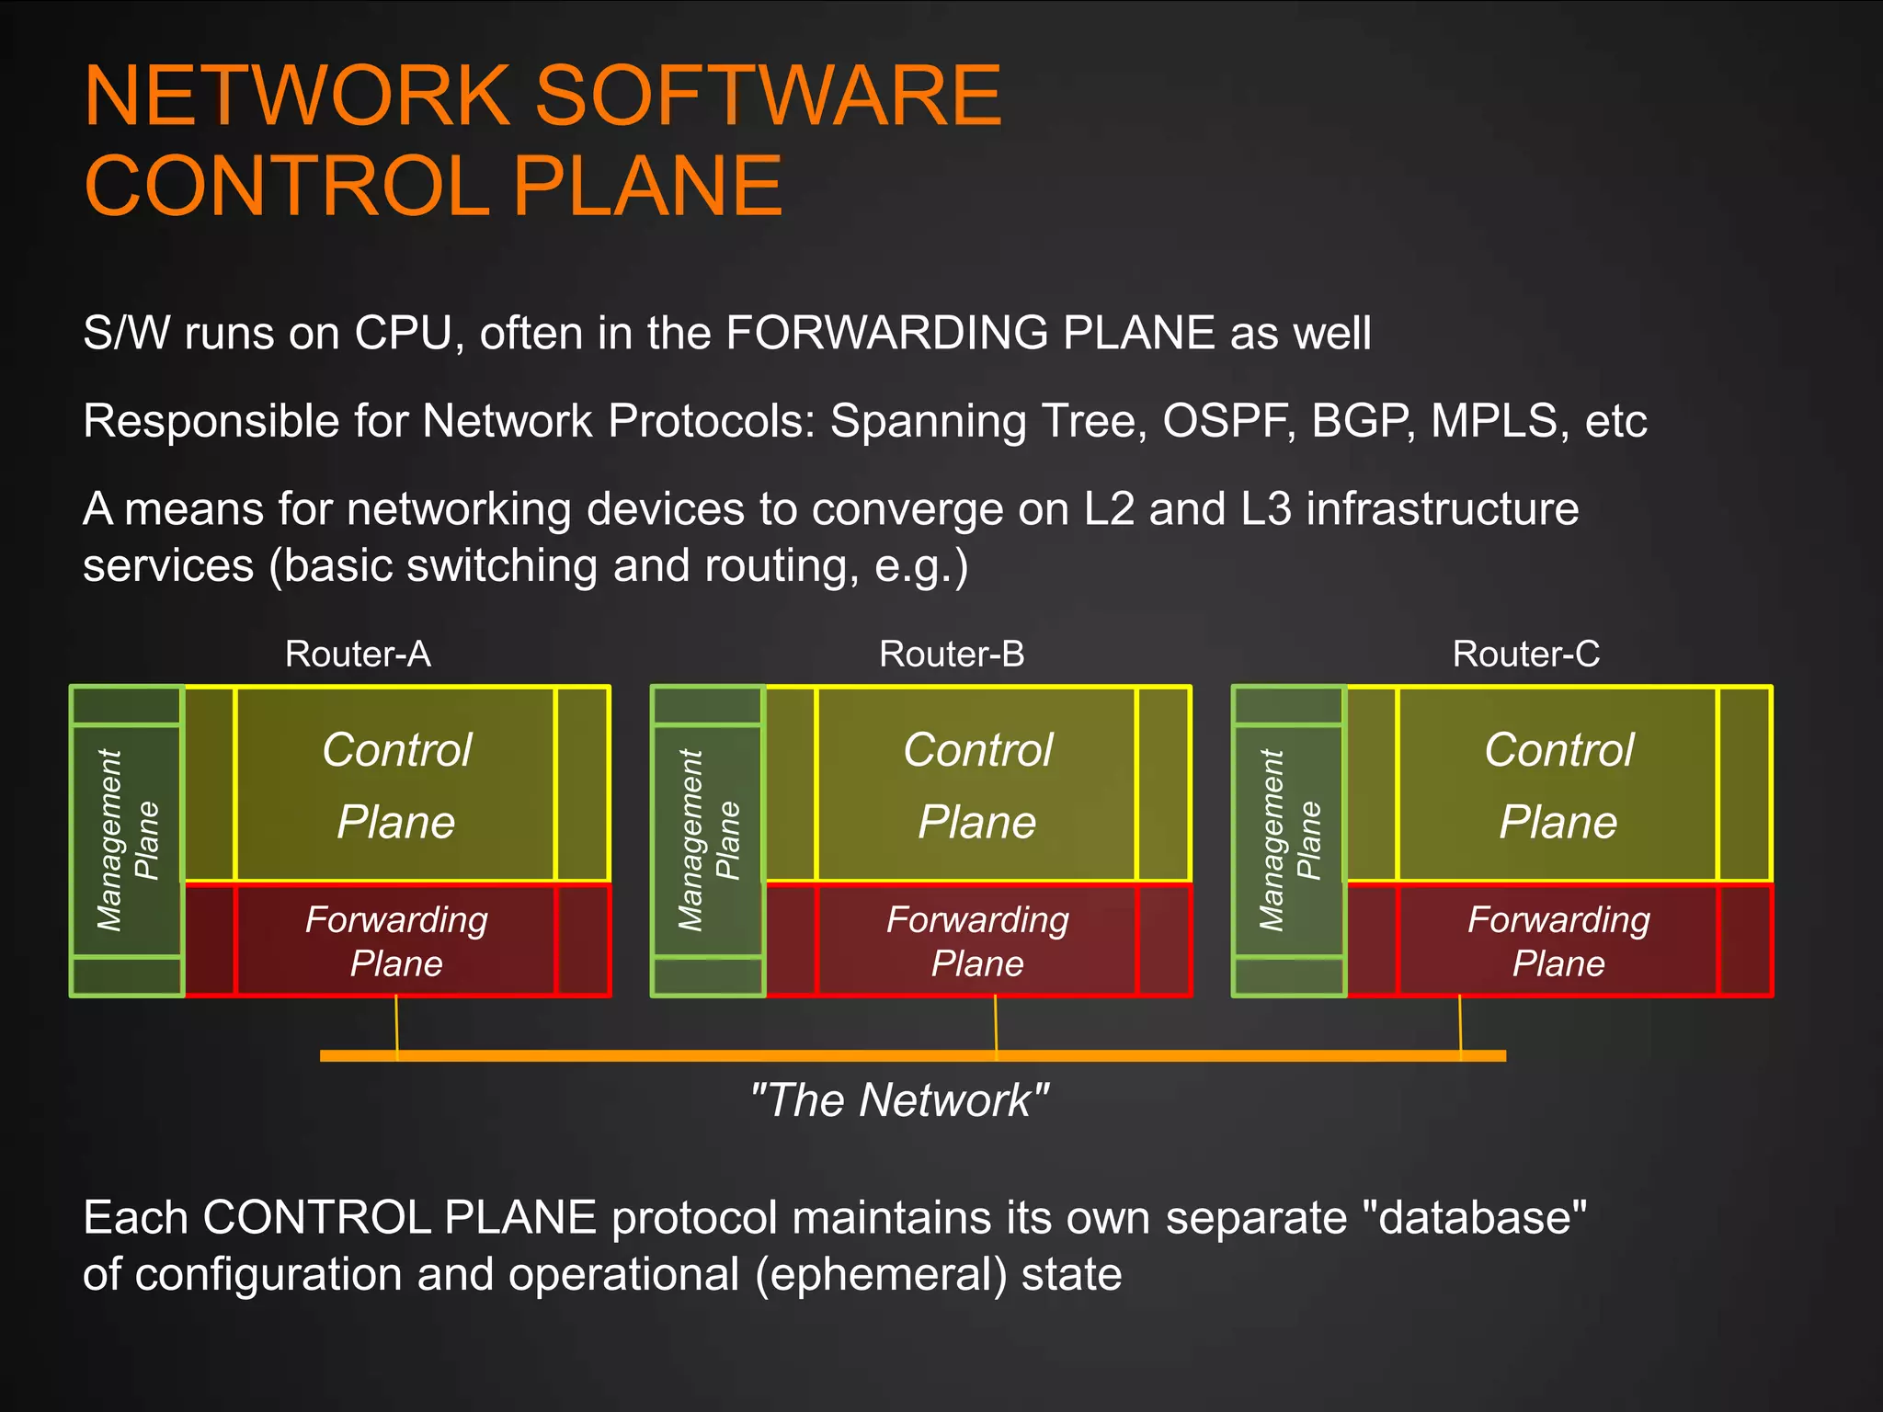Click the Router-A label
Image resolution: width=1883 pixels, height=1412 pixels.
point(358,655)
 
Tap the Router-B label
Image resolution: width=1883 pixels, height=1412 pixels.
point(951,655)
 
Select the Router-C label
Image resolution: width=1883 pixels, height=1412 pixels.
point(1525,655)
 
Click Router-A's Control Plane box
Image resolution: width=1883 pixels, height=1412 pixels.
point(396,784)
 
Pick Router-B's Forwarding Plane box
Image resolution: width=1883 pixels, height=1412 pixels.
point(977,940)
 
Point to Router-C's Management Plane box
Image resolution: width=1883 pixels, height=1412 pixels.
point(1289,840)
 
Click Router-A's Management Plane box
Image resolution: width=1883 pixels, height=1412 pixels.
point(127,840)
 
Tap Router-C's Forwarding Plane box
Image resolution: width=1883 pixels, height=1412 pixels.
point(1558,940)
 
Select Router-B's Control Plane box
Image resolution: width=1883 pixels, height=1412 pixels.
point(977,784)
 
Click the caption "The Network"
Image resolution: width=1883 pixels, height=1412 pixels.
point(899,1100)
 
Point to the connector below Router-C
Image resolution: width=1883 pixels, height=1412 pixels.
point(1460,1025)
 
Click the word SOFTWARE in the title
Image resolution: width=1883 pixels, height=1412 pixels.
point(768,96)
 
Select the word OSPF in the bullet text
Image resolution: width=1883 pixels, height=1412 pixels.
point(1228,422)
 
